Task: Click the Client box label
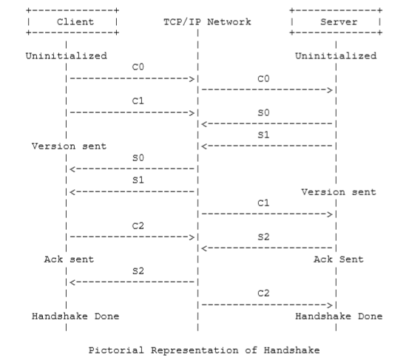pos(75,21)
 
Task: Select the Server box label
pos(339,21)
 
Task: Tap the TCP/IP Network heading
pos(207,21)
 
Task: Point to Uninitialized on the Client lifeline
pos(67,56)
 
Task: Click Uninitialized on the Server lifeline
pos(336,56)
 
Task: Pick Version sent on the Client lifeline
pos(69,146)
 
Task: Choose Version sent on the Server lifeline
pos(339,192)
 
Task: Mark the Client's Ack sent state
pos(69,259)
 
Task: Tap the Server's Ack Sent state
pos(339,259)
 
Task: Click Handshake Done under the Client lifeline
pos(75,316)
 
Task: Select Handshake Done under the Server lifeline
pos(339,316)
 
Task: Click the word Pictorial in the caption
pos(116,350)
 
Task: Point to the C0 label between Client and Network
pos(138,67)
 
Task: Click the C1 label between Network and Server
pos(263,203)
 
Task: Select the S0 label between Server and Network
pos(263,112)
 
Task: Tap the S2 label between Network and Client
pos(138,271)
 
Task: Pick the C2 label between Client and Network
pos(138,225)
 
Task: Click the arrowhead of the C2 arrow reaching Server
pos(330,305)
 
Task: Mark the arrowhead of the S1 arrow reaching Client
pos(72,192)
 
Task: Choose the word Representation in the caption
pos(195,350)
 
